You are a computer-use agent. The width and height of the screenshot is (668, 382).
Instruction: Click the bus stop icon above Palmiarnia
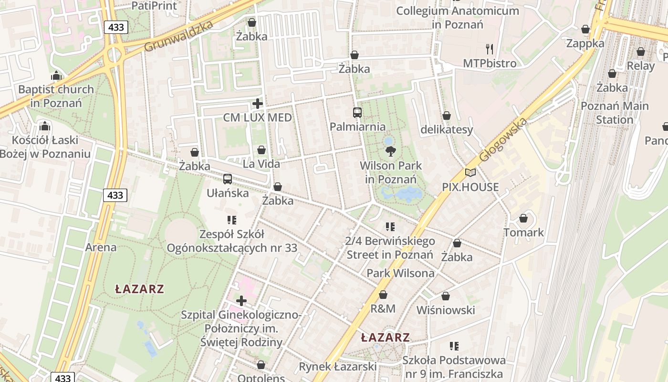357,113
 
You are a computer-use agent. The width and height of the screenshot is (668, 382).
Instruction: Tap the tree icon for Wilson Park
390,152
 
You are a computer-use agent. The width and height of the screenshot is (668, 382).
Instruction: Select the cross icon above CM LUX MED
258,104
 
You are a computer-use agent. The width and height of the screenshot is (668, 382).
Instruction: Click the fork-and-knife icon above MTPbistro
489,49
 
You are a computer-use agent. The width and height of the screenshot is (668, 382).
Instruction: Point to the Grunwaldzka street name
178,37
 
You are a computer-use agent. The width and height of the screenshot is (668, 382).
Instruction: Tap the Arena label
101,247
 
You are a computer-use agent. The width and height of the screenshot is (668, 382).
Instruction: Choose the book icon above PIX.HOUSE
470,173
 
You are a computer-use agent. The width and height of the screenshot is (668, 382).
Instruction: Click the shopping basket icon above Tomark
523,218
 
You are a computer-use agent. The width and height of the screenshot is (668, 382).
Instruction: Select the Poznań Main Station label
614,113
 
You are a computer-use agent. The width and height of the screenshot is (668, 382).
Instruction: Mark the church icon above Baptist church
56,75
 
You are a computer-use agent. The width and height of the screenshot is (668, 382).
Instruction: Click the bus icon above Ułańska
228,179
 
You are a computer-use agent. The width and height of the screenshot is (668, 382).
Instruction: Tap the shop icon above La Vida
261,150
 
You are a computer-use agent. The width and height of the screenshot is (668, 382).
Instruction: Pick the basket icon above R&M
383,295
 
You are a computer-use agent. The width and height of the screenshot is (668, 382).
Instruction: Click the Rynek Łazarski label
337,367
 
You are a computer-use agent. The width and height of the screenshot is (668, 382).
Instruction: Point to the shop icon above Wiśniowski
445,296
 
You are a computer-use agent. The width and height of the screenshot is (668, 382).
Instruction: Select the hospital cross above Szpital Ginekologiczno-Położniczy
241,301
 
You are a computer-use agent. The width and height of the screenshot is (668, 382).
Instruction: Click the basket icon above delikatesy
446,116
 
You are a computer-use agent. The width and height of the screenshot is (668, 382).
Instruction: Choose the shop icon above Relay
640,52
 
